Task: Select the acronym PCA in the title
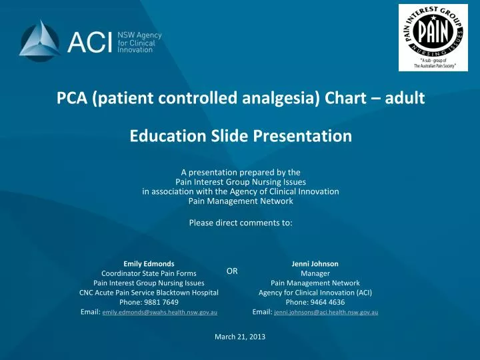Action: coord(73,99)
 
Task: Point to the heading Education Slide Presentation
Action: coord(240,136)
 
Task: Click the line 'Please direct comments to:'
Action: coord(241,223)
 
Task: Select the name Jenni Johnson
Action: coord(315,264)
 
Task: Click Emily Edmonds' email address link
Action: coord(160,312)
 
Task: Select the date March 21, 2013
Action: coord(240,337)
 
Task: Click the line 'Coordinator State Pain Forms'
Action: coord(149,273)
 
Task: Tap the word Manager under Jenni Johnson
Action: coord(315,273)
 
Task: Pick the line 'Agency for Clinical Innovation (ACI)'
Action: coord(315,292)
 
